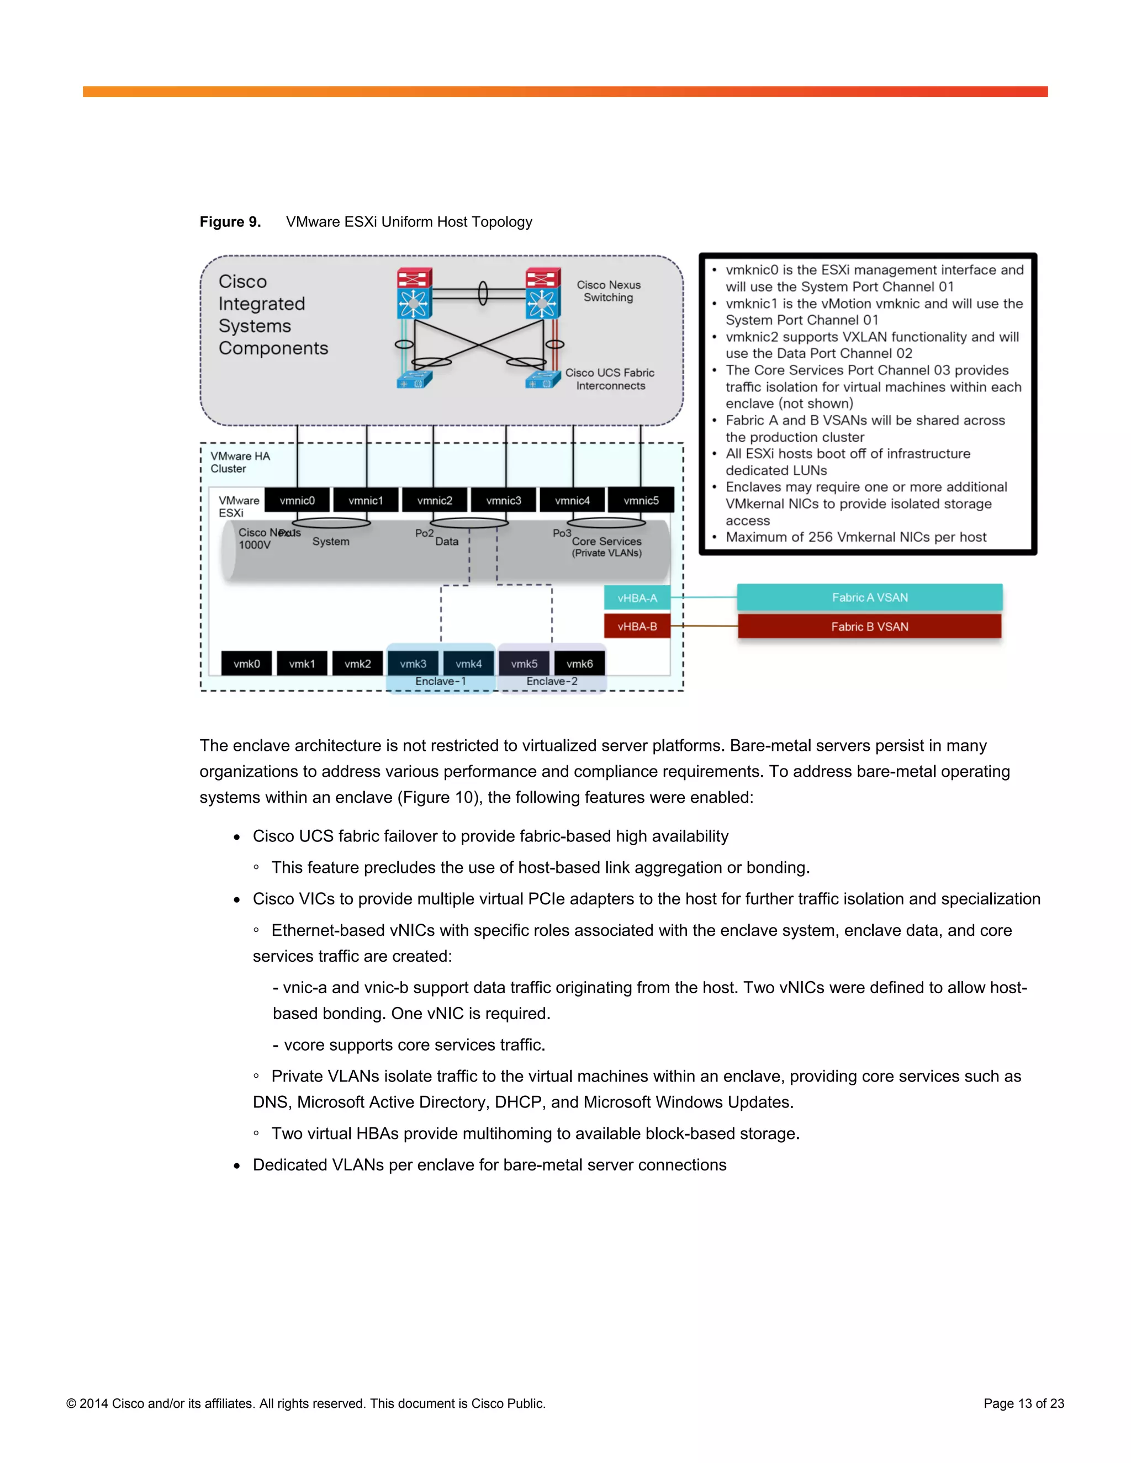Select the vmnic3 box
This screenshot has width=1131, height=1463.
pos(503,500)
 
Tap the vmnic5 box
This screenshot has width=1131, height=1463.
pos(641,500)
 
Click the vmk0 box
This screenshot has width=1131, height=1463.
pos(246,663)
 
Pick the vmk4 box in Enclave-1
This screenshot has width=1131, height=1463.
pos(468,663)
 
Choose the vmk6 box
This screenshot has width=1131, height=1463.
pos(579,663)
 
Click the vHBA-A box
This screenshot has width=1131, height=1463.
pos(637,597)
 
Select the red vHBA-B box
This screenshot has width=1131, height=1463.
pos(637,627)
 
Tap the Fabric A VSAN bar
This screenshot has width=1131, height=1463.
pos(870,597)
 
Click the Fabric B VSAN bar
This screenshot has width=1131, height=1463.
pos(870,627)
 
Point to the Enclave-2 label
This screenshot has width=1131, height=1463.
pos(552,681)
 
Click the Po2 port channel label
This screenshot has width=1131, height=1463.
pos(424,533)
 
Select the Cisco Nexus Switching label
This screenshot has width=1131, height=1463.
pos(609,291)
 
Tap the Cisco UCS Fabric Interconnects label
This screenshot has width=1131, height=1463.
pos(610,379)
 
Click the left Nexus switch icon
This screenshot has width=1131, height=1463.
pos(414,293)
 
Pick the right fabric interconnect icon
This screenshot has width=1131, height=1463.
pos(542,380)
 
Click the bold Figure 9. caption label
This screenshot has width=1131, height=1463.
pos(230,222)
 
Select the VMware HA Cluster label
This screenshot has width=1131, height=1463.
pos(240,462)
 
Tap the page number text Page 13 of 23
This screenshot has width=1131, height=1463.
pos(1023,1403)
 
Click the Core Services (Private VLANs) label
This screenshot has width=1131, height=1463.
pos(606,547)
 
